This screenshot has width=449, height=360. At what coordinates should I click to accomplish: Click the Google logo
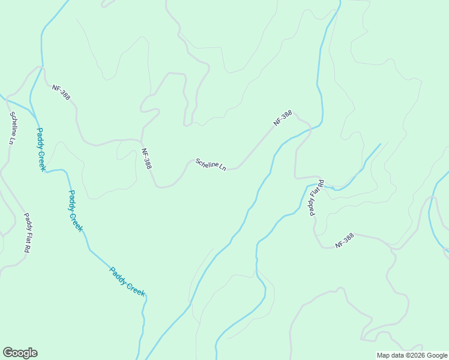(20, 353)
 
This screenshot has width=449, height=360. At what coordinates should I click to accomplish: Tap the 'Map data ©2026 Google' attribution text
(412, 355)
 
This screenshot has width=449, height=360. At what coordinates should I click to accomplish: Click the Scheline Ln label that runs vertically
(12, 128)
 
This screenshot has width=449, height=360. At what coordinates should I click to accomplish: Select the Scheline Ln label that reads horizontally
(210, 164)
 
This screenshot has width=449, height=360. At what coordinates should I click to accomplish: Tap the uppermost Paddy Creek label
(41, 149)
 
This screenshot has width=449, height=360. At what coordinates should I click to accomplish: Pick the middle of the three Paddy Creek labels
(75, 211)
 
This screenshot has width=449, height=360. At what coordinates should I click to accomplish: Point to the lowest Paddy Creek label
(127, 281)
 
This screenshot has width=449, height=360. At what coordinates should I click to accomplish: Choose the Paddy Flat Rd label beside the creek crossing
(316, 197)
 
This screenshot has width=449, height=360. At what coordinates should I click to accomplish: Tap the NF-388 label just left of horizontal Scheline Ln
(146, 158)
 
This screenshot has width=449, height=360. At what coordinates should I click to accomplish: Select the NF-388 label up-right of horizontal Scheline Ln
(283, 118)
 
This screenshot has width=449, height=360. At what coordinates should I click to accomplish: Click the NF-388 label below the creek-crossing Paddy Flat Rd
(345, 241)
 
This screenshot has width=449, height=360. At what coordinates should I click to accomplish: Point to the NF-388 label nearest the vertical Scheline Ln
(61, 92)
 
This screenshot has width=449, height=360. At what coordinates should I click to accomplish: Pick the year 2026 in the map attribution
(409, 355)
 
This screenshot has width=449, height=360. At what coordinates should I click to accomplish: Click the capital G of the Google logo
(8, 353)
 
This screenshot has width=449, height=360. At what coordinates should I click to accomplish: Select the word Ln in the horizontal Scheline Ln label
(222, 167)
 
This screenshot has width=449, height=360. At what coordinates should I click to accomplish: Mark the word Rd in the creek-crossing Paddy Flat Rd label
(321, 184)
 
